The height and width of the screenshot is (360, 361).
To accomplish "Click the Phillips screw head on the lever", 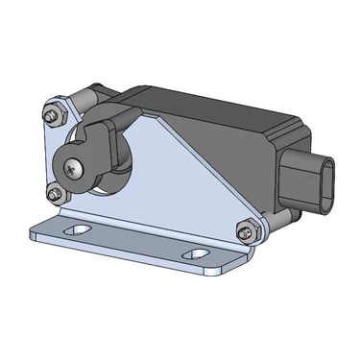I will [x=74, y=168].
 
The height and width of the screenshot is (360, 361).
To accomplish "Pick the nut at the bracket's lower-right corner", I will [x=245, y=231].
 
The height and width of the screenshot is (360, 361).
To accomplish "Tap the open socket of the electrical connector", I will [x=327, y=184].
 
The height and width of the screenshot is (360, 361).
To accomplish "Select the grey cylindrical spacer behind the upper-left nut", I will [x=76, y=100].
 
